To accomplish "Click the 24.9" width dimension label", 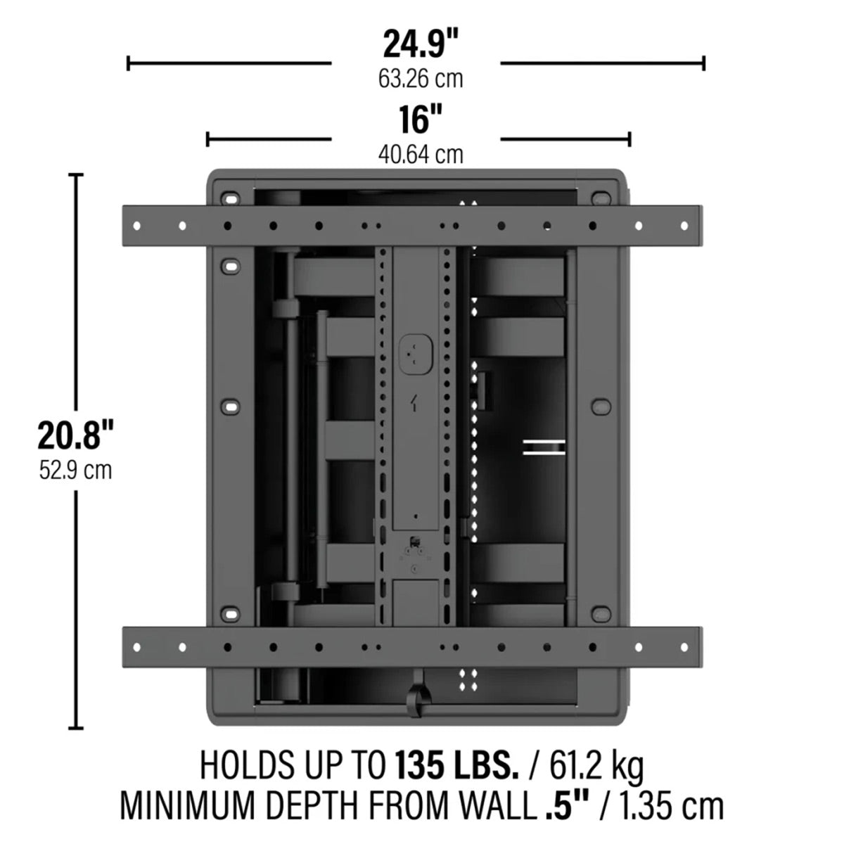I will (x=421, y=44).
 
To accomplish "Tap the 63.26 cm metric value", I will (x=421, y=78).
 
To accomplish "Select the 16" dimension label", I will (x=421, y=120).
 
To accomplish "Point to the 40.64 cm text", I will (x=421, y=153).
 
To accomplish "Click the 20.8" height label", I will (x=75, y=436).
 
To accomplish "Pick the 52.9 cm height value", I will (x=75, y=469).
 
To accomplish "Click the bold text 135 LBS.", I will (x=456, y=765).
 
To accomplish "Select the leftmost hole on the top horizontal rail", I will (x=137, y=226).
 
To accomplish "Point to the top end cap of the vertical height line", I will (x=75, y=174).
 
